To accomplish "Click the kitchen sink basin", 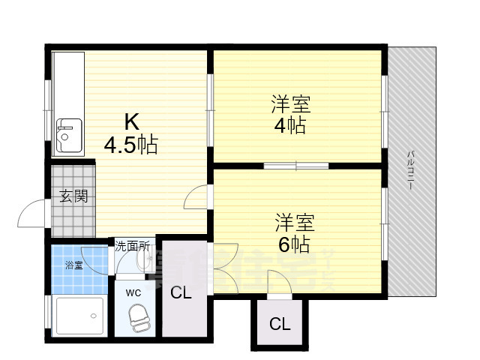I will click(68, 133).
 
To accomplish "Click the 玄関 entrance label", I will click(73, 197).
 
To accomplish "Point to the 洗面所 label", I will click(133, 245).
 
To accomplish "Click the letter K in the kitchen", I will click(131, 120).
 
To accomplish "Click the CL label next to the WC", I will click(181, 292).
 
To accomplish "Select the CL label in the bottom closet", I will click(279, 324).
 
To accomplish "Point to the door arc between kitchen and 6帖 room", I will click(195, 196).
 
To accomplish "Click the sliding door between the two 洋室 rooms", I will click(296, 165).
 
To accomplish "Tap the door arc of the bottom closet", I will click(278, 283).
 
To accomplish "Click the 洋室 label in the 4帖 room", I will click(291, 103).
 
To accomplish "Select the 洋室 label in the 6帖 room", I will click(294, 222).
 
